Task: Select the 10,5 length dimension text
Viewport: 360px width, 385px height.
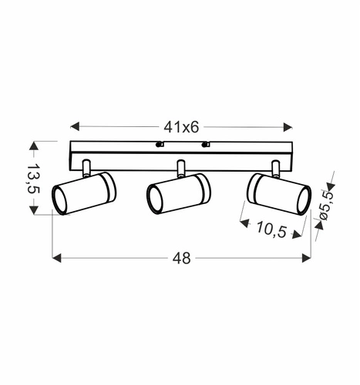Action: coord(268,229)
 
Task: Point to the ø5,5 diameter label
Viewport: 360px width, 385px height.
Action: coord(326,206)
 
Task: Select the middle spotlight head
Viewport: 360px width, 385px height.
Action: coord(178,194)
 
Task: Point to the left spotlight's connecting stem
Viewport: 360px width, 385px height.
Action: coord(86,167)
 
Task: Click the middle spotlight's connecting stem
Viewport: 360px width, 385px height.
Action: coord(181,167)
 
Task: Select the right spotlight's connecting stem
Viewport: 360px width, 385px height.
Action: coord(275,167)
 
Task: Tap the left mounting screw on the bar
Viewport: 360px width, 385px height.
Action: coord(159,144)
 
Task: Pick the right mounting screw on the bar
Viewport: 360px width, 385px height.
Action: coord(205,144)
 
